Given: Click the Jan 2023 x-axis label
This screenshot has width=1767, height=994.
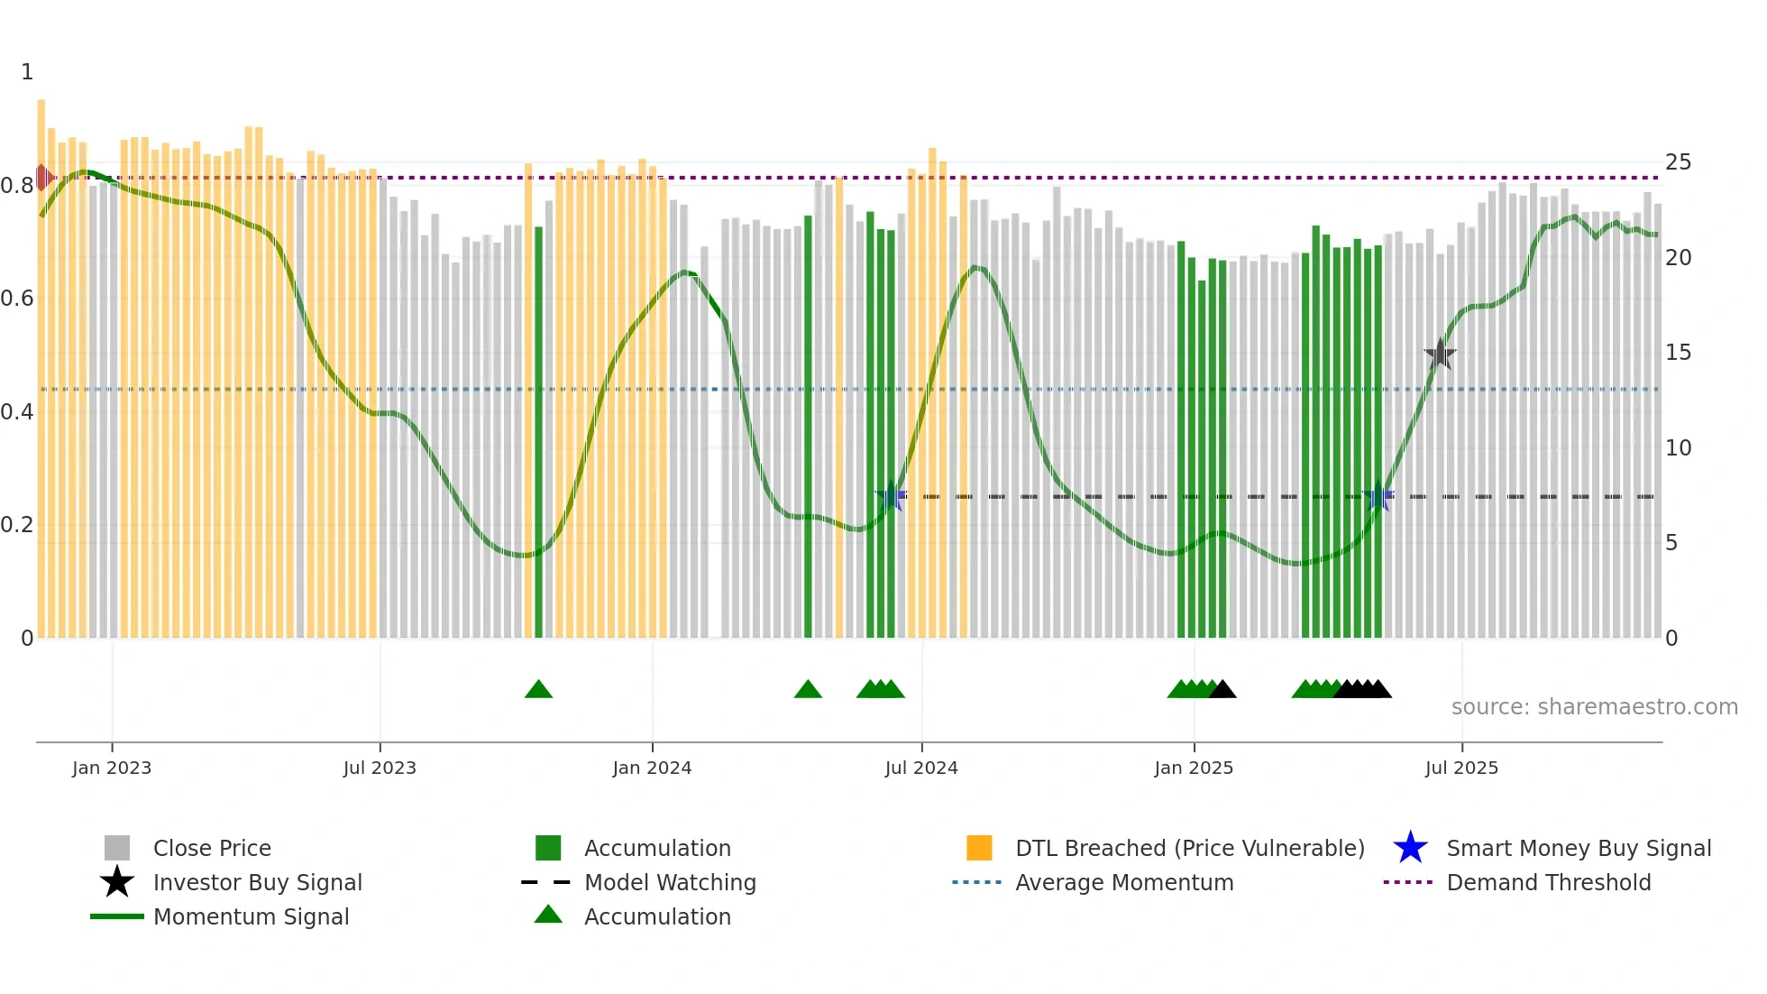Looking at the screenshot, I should tap(112, 769).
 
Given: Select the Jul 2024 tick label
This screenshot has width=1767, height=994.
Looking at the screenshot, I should tap(921, 769).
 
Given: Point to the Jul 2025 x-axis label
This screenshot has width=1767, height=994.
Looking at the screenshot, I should tap(1461, 769).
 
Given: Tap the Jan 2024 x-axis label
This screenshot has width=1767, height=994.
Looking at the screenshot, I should tap(652, 769).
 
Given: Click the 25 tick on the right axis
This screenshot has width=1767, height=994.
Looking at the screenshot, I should tap(1678, 162).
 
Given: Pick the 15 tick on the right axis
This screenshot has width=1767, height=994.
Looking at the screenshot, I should tap(1678, 353).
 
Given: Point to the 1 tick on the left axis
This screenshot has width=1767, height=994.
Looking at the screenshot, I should tap(27, 72).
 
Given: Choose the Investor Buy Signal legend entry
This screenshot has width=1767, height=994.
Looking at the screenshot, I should tap(257, 883).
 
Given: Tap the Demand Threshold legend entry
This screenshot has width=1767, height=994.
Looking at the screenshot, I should tap(1548, 883).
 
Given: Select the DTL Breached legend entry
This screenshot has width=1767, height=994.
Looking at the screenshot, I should tap(1189, 849).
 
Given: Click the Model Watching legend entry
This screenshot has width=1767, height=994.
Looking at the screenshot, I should tap(670, 883).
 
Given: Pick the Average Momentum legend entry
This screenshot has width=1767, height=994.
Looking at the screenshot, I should tap(1124, 883).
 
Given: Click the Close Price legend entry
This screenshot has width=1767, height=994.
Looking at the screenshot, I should tap(212, 849).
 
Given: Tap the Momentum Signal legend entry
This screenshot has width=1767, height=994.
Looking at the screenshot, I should tap(251, 917).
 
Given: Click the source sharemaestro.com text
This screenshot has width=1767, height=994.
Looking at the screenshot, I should tap(1594, 707).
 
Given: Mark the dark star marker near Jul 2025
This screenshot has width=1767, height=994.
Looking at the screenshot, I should tap(1440, 354).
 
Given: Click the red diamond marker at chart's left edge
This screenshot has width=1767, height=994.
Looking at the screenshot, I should tap(42, 178).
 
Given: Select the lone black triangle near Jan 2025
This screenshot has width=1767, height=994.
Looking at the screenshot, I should tap(1222, 690).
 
